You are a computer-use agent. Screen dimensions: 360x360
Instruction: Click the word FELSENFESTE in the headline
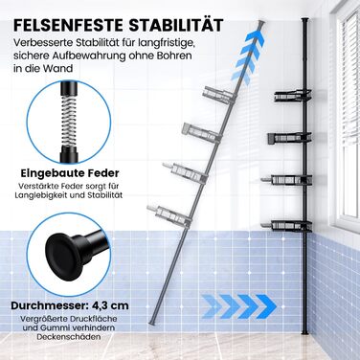point(68,25)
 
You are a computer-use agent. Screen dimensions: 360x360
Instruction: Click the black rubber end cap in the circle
point(61,252)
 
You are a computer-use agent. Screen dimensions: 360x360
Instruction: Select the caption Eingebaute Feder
point(70,173)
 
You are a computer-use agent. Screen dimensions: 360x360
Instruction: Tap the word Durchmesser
point(45,305)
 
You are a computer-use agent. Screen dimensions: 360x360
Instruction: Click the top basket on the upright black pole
point(293,96)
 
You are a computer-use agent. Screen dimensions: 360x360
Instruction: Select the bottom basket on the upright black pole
point(286,226)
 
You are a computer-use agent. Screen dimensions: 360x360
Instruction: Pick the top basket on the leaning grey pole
point(218,95)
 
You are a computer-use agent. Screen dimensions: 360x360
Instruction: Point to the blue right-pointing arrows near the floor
point(239,306)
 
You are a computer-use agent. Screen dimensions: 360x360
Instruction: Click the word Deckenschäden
point(69,337)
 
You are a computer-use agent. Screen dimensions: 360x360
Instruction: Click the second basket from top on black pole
point(289,138)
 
